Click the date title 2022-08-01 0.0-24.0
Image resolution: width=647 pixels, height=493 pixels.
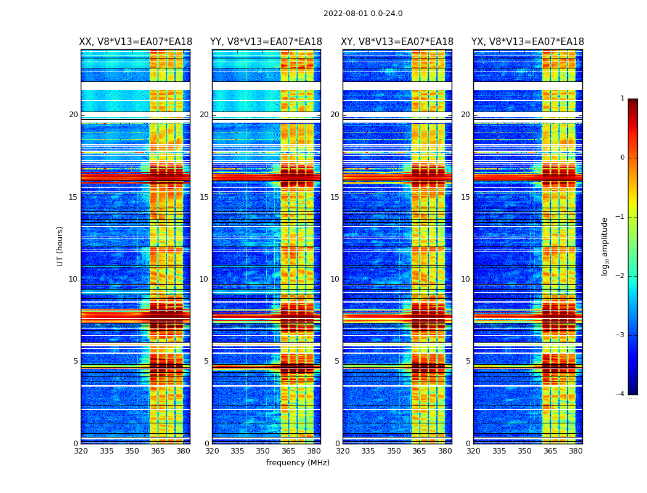pyautogui.click(x=363, y=14)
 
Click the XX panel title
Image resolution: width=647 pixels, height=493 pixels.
pyautogui.click(x=136, y=42)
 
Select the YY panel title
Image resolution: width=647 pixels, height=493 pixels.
pyautogui.click(x=266, y=42)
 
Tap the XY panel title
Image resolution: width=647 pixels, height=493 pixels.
pyautogui.click(x=397, y=42)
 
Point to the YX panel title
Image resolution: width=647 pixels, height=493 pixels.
pyautogui.click(x=527, y=42)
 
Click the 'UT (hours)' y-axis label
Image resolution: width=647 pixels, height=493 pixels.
pyautogui.click(x=60, y=246)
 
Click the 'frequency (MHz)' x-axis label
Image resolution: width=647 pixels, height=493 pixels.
pyautogui.click(x=298, y=463)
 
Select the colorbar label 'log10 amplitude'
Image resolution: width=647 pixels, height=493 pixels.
pyautogui.click(x=605, y=246)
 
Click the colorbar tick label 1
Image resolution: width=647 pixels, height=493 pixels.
pyautogui.click(x=622, y=99)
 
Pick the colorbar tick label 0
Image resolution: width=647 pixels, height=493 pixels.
pyautogui.click(x=622, y=158)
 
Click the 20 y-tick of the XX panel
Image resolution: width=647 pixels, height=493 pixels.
pyautogui.click(x=73, y=115)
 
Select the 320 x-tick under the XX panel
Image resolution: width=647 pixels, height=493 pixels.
pyautogui.click(x=81, y=451)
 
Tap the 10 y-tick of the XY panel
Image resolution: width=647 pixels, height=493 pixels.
pyautogui.click(x=335, y=279)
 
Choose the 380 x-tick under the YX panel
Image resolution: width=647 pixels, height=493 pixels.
pyautogui.click(x=576, y=451)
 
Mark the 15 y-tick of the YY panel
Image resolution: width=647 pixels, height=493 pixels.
pyautogui.click(x=204, y=197)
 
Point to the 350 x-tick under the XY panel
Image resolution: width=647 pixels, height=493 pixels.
pyautogui.click(x=394, y=451)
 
